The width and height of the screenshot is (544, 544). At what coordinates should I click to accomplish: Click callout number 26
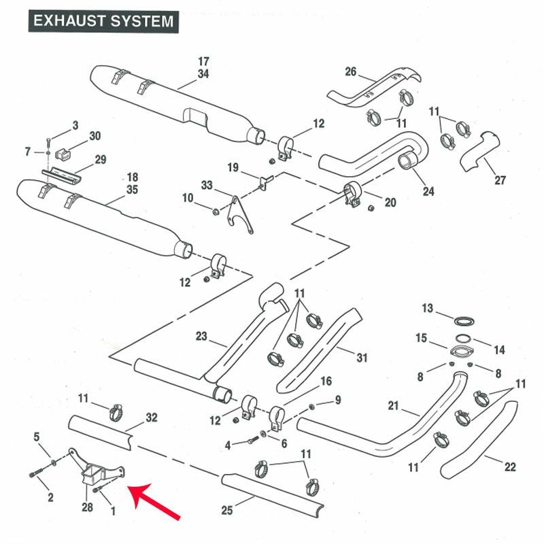click(351, 71)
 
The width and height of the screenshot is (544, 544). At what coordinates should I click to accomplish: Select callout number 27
click(500, 180)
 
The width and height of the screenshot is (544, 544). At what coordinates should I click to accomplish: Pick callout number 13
click(427, 309)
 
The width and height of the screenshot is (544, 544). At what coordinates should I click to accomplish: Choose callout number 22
click(510, 466)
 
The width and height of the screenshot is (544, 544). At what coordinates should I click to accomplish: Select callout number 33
click(207, 185)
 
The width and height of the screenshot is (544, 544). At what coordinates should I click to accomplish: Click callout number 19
click(233, 167)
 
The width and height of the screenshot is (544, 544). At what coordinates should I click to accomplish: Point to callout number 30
click(95, 136)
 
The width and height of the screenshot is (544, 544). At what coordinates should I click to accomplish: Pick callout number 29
click(100, 160)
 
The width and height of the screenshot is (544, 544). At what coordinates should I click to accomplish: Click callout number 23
click(201, 335)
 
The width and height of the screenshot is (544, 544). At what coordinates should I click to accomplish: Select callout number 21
click(392, 407)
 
